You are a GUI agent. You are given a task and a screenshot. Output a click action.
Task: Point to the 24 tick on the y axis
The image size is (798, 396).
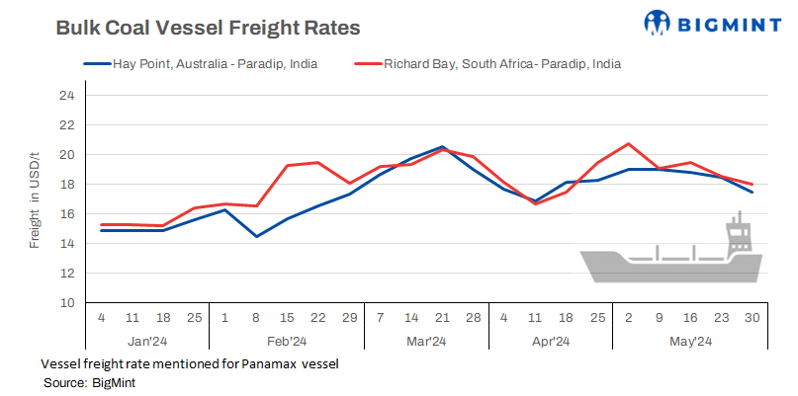[66, 96]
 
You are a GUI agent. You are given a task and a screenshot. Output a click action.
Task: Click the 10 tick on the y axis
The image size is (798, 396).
[66, 302]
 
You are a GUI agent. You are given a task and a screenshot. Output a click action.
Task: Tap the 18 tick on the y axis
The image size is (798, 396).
[66, 185]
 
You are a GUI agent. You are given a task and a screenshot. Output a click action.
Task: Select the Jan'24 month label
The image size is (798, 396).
[146, 342]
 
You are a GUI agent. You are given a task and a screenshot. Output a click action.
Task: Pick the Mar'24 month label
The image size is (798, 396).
[426, 342]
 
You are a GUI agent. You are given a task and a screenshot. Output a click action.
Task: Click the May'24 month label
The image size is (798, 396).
[690, 342]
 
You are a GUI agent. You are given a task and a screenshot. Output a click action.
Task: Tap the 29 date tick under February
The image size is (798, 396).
[349, 318]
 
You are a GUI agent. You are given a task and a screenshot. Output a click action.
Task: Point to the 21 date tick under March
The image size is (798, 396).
[442, 318]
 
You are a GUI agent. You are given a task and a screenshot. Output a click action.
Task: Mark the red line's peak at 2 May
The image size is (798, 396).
[628, 144]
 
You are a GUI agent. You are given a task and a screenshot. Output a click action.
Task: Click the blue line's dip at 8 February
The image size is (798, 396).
[256, 236]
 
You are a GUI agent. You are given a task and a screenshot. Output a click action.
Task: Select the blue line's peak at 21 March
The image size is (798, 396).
[442, 147]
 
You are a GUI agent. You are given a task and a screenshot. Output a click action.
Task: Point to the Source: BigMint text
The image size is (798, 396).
[89, 382]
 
